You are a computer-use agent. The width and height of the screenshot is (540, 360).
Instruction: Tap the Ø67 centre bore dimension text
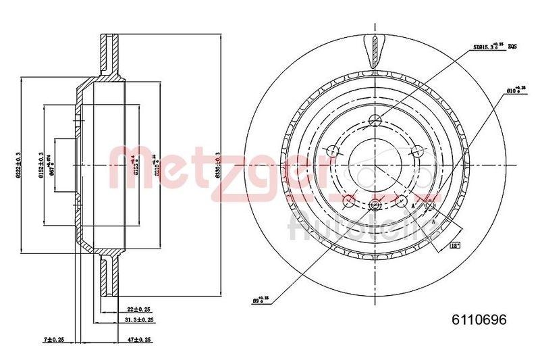(x=52, y=164)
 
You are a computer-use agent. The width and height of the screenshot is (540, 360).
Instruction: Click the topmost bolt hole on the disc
(x=375, y=122)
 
